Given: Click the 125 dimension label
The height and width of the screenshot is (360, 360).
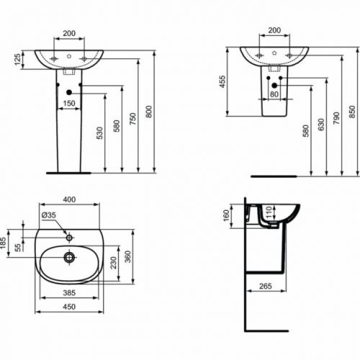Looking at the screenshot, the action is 18,60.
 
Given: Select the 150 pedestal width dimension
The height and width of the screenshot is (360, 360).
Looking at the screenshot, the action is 69,104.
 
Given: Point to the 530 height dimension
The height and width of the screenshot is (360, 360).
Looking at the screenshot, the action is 99,133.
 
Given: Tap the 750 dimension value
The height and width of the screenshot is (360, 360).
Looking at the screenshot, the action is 132,119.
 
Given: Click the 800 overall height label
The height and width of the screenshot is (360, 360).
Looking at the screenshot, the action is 149,112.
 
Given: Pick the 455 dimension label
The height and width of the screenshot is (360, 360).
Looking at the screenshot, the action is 222,81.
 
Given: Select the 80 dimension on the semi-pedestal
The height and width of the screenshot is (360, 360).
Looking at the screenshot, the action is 274,94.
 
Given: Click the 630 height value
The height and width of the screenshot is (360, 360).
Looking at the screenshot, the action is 321,125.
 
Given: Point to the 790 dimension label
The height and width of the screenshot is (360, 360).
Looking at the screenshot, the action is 336,118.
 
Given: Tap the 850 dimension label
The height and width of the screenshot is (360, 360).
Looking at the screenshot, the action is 352,112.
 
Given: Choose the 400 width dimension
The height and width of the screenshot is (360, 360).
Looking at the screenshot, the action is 69,199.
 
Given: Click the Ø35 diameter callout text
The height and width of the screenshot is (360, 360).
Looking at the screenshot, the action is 49,215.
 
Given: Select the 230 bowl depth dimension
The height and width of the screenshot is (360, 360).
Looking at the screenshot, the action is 114,263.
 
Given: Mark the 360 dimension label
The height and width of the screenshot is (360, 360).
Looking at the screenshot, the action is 128,257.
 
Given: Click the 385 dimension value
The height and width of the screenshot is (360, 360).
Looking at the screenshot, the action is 69,293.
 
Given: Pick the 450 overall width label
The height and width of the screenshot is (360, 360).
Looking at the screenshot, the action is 69,307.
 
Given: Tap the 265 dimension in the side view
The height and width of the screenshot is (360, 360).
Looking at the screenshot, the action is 266,286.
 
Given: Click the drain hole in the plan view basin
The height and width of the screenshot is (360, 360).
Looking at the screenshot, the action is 70,258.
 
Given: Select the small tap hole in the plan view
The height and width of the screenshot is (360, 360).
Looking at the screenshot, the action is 69,238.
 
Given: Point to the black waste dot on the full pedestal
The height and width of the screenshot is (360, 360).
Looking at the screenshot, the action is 69,92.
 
